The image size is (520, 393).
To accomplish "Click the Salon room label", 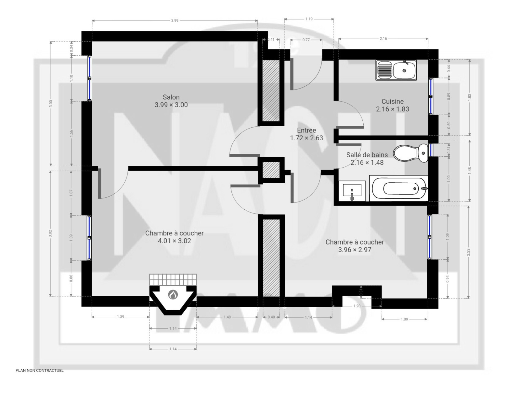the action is point(171,97).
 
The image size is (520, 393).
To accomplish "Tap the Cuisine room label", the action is point(392,101).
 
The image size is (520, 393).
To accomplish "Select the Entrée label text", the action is point(306,130).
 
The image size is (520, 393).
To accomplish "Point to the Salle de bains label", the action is point(367,155).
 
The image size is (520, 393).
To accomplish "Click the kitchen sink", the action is point(396,70).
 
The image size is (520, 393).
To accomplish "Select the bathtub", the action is point(398,188).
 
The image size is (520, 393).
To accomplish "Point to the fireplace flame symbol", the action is point(173,295).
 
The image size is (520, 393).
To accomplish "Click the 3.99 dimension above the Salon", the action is point(175,21).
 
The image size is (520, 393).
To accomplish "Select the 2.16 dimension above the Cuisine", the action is point(383,38).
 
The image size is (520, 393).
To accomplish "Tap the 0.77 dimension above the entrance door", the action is point(306,40).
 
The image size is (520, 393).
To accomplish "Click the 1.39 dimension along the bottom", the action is point(120,316).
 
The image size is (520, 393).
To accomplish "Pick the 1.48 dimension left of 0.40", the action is point(227,317).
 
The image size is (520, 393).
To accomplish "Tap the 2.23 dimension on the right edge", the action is point(468,252).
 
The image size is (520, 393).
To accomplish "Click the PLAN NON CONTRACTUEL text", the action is point(40,371).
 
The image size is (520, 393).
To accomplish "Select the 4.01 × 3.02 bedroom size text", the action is point(174,241).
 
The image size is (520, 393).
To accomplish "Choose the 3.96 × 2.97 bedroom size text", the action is point(354,250).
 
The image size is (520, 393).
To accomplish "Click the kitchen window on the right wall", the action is point(431,96).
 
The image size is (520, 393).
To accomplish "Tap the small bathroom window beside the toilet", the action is point(431,150).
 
